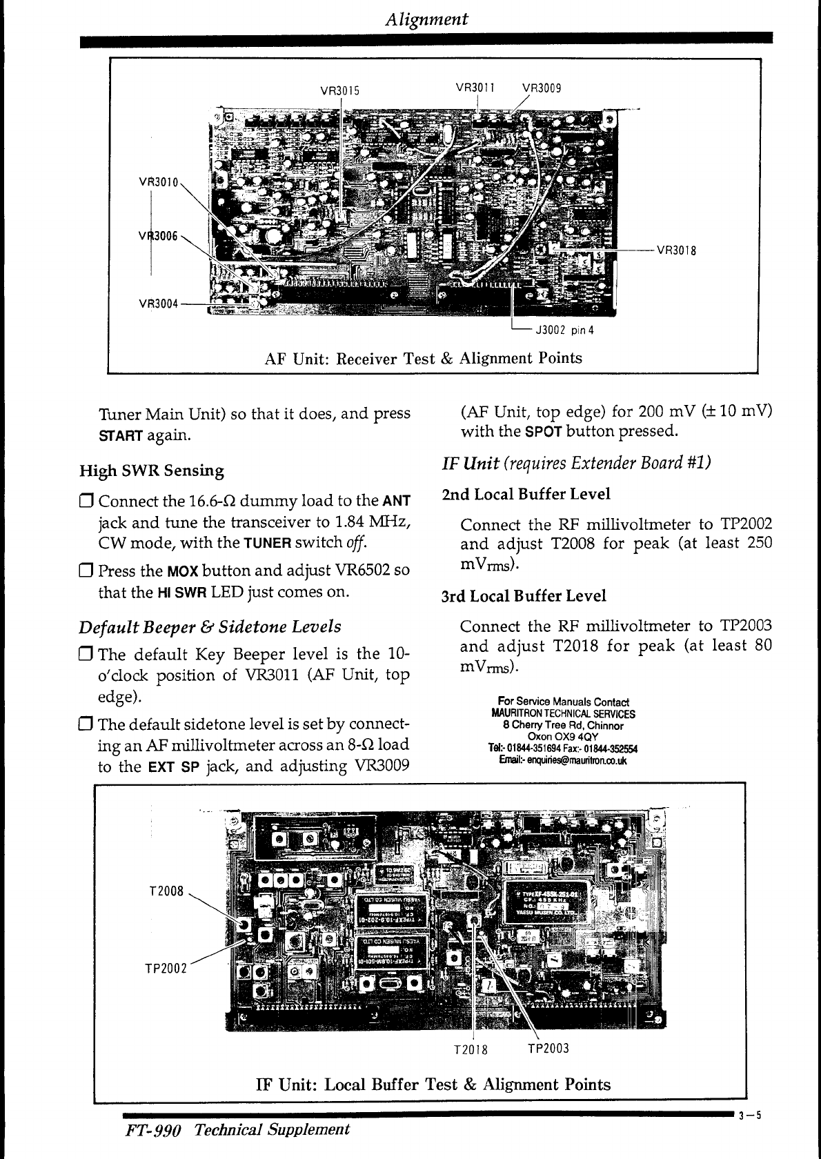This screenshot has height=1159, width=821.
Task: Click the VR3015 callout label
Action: tap(341, 90)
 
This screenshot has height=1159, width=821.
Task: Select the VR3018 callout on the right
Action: tap(676, 250)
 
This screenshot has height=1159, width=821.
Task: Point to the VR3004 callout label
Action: tap(159, 304)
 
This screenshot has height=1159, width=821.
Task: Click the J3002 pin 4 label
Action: tap(560, 330)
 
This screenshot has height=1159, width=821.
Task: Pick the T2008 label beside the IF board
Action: tap(166, 891)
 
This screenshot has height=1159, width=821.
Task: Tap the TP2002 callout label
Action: tap(166, 968)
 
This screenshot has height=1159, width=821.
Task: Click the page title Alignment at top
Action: tap(426, 19)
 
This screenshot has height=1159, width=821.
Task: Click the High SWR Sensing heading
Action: tap(152, 471)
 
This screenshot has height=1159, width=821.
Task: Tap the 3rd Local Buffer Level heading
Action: tap(524, 596)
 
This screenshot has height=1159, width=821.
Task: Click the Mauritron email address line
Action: tap(563, 760)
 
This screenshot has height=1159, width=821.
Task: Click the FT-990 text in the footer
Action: tap(152, 1130)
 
